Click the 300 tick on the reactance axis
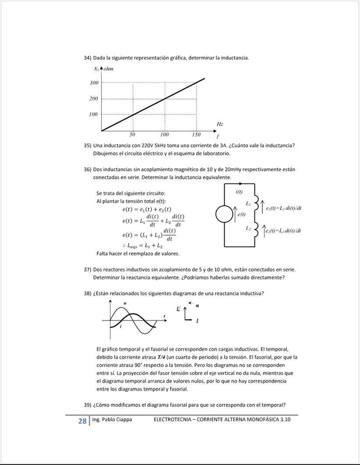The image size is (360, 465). (x=94, y=83)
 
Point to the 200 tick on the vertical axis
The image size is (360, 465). (x=94, y=99)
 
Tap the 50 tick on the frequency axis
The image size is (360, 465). (x=133, y=134)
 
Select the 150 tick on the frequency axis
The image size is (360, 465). (x=196, y=134)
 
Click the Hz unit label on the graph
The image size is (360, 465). (x=220, y=124)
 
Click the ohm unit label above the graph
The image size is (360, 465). (x=109, y=69)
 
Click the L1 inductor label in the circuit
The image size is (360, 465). (x=248, y=204)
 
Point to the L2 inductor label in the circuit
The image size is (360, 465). (x=248, y=229)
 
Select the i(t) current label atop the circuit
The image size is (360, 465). (x=239, y=191)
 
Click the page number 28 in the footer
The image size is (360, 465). (x=82, y=421)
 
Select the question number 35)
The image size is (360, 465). (x=87, y=145)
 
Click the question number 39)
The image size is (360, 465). (x=87, y=405)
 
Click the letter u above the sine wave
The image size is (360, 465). (x=125, y=303)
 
